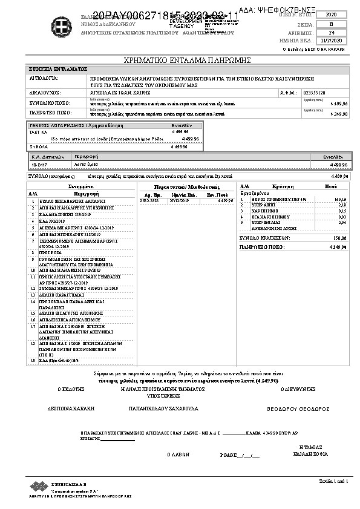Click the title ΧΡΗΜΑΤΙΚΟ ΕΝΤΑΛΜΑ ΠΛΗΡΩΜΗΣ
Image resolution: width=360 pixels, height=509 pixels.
pos(180,61)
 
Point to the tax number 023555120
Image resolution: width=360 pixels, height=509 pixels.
pos(313,93)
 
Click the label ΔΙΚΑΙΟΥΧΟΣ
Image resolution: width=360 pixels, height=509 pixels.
pos(45,93)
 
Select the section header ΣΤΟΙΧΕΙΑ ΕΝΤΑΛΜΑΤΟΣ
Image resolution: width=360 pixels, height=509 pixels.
pos(58,70)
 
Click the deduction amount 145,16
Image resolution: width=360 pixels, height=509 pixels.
pos(339,199)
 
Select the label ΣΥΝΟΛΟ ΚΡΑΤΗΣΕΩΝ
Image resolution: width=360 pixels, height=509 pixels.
pos(265,238)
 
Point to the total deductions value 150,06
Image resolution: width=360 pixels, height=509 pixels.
pos(339,238)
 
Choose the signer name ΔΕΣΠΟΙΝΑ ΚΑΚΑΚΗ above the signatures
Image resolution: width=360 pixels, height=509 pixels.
pos(71,409)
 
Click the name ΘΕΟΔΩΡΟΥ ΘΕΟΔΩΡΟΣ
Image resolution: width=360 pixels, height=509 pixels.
pos(298,409)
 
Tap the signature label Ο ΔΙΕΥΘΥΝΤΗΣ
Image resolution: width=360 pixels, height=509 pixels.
pos(298,390)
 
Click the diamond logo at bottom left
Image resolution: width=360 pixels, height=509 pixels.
pos(39,486)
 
